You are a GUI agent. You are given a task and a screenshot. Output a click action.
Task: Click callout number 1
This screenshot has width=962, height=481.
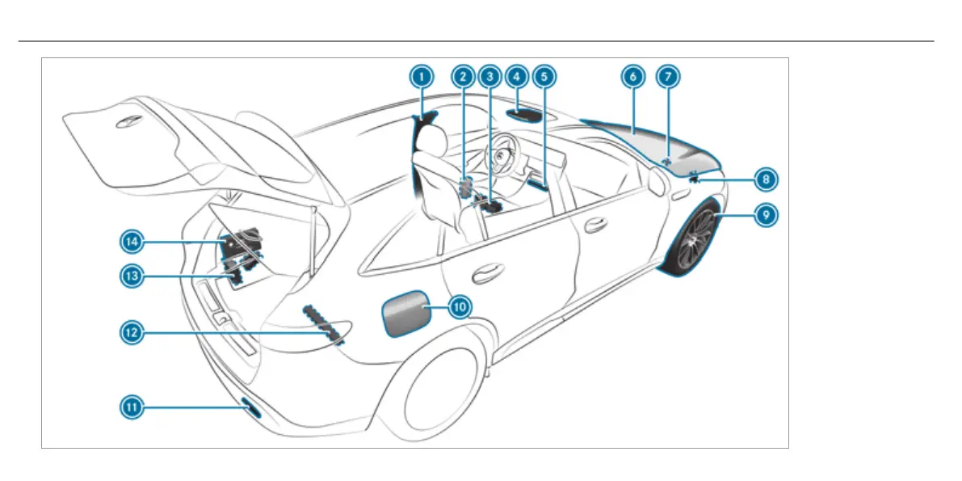419,77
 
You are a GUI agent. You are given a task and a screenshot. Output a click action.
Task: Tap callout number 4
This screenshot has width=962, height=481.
515,77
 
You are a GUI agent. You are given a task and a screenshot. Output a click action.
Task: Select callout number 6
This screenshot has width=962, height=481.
632,77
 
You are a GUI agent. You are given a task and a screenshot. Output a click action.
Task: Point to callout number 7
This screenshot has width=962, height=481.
668,77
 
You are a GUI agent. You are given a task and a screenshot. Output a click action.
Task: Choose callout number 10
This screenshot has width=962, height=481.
459,306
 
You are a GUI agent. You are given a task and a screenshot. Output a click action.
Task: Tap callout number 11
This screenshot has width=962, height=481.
132,408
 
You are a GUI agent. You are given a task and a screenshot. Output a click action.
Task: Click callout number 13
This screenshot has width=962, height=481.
132,276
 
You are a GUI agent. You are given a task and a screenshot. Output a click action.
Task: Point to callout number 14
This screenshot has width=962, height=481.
133,240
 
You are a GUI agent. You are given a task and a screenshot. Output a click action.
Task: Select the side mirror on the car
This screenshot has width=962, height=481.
658,183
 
